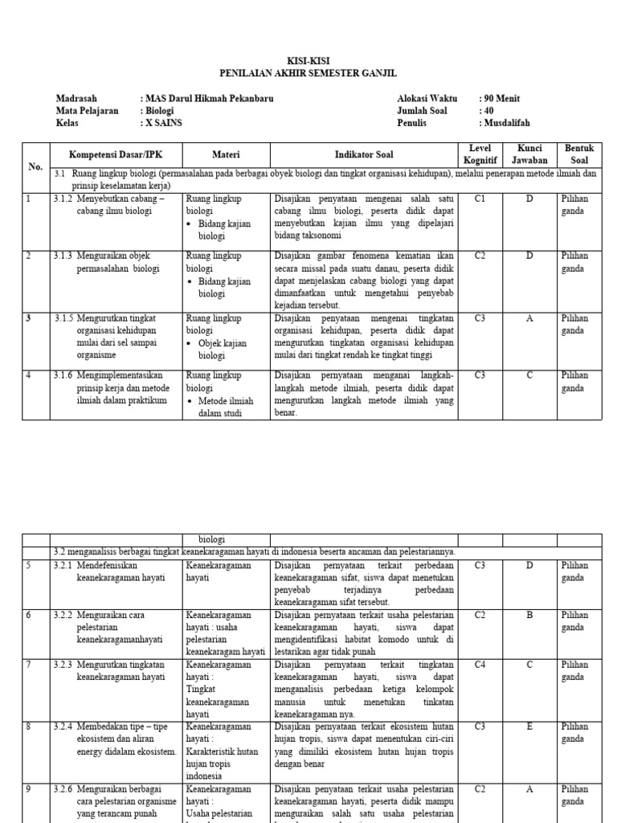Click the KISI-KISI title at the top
click(308, 61)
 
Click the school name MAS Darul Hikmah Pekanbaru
click(208, 99)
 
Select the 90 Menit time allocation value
click(501, 99)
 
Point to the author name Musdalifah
click(507, 123)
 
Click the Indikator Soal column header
click(364, 154)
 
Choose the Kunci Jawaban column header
click(529, 154)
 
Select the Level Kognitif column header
click(480, 154)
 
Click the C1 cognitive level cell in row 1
click(480, 199)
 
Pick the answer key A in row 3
click(529, 318)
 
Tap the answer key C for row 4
click(529, 375)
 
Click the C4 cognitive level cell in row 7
click(480, 665)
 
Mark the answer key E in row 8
click(529, 727)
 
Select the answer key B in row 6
click(529, 615)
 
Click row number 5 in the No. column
click(28, 566)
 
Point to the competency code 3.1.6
click(63, 375)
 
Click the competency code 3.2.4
click(63, 727)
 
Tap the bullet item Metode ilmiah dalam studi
click(226, 407)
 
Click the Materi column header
click(226, 154)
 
